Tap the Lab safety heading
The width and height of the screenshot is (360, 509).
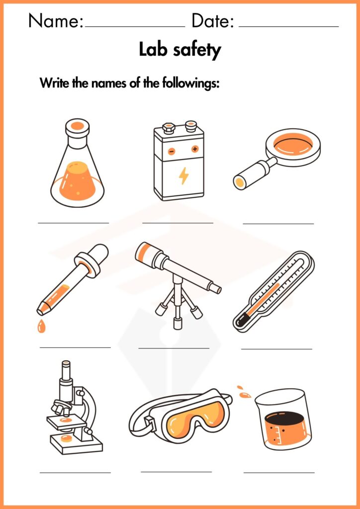[x=180, y=50]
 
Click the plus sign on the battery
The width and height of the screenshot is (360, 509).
[x=195, y=149]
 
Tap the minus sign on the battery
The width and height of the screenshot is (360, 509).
[x=172, y=151]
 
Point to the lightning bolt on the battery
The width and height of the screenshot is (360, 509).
[x=184, y=175]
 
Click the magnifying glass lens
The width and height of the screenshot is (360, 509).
[x=293, y=145]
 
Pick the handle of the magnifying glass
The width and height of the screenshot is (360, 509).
[x=253, y=174]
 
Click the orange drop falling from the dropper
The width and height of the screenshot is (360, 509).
[x=41, y=326]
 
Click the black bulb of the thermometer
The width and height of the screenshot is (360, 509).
[x=241, y=322]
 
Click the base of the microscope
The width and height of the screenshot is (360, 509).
[x=76, y=445]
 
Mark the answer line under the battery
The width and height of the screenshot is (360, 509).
[x=178, y=223]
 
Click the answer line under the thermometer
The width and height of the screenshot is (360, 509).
[x=276, y=349]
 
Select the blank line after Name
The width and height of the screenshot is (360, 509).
[x=135, y=27]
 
